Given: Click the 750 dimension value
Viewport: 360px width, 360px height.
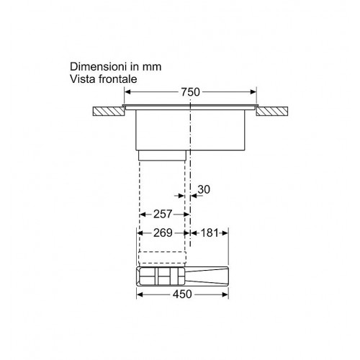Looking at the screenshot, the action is point(190,92).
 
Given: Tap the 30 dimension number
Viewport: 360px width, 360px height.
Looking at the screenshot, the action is point(204,189).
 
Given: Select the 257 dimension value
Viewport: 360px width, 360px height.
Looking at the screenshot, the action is point(163,214).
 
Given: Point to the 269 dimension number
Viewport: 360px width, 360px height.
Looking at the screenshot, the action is point(163,233).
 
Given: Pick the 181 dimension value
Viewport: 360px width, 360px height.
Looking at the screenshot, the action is point(210,233).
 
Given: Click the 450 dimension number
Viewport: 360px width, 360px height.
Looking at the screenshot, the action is point(182,294).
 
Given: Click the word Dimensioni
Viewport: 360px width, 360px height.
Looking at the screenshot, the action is point(99,66).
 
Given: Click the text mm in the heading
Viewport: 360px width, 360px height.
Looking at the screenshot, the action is point(152,67).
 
